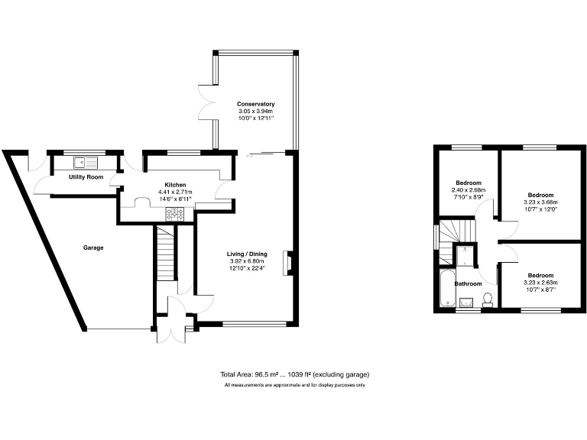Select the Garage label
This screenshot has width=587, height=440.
click(x=93, y=247)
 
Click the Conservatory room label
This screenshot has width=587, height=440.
click(x=255, y=104)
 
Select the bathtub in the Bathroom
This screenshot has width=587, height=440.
click(x=446, y=289)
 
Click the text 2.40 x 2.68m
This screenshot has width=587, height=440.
click(x=468, y=190)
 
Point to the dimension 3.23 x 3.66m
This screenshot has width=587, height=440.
click(x=540, y=202)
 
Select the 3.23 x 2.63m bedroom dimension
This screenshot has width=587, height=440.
click(x=540, y=283)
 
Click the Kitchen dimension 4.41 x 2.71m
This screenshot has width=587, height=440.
click(x=175, y=192)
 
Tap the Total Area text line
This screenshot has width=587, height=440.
click(x=294, y=374)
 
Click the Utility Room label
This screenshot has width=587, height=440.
click(x=86, y=177)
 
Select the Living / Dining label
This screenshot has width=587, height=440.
click(x=246, y=254)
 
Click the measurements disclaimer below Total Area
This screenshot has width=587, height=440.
click(x=294, y=385)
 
